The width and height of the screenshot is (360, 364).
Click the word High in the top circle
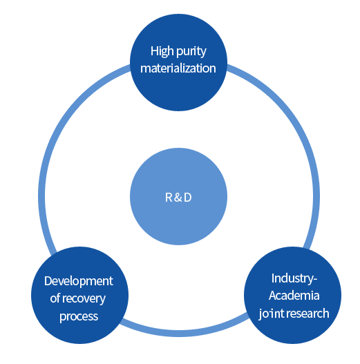pyautogui.click(x=162, y=52)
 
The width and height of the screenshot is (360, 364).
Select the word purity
pyautogui.click(x=191, y=52)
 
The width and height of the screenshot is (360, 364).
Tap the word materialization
pyautogui.click(x=178, y=68)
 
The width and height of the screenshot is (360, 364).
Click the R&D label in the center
pyautogui.click(x=178, y=198)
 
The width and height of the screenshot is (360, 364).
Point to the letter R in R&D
pyautogui.click(x=169, y=198)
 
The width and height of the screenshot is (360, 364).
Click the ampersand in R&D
pyautogui.click(x=178, y=198)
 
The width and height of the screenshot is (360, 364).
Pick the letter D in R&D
pyautogui.click(x=188, y=198)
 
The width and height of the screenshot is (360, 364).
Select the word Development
pyautogui.click(x=79, y=282)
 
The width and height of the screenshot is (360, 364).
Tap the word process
pyautogui.click(x=79, y=316)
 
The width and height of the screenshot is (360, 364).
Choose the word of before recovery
pyautogui.click(x=55, y=298)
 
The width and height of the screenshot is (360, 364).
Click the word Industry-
pyautogui.click(x=294, y=279)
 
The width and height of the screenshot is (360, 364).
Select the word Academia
pyautogui.click(x=294, y=296)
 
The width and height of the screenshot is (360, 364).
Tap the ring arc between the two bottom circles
pyautogui.click(x=184, y=334)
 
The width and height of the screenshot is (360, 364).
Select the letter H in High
pyautogui.click(x=154, y=51)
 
